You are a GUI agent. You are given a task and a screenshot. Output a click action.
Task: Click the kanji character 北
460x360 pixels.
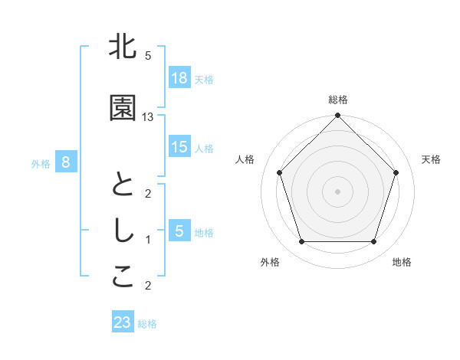(123, 47)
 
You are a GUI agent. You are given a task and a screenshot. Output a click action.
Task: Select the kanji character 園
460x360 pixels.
(123, 109)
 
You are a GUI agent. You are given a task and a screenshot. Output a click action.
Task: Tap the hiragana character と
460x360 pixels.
(123, 186)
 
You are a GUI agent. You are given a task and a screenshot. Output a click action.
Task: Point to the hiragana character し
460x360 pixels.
(123, 232)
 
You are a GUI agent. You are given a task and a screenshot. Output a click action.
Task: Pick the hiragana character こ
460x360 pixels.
(123, 278)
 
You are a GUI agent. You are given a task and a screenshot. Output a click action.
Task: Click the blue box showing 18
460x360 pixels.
(179, 78)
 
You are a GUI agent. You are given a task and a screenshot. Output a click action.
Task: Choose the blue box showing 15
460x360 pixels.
(179, 147)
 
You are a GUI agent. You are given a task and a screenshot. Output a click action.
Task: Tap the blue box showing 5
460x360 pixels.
(179, 231)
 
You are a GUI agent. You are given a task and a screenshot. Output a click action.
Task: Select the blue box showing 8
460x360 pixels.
(66, 162)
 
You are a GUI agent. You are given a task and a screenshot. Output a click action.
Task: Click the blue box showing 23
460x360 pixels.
(123, 322)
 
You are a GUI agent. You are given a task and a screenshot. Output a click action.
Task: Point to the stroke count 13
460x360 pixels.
(148, 116)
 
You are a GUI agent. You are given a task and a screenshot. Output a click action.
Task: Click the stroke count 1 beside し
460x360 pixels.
(148, 240)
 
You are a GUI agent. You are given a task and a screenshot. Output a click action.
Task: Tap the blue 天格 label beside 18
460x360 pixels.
(204, 79)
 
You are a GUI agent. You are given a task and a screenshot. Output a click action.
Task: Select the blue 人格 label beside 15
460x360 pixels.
(204, 148)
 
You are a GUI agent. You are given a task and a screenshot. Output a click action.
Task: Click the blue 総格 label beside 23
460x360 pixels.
(147, 323)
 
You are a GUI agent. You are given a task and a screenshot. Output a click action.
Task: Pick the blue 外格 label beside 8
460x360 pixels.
(41, 163)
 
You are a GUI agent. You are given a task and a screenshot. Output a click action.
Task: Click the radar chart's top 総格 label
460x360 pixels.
(338, 100)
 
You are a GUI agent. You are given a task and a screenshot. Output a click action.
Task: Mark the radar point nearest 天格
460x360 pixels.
(396, 172)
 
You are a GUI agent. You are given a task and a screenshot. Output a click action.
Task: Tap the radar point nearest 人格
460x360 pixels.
(280, 172)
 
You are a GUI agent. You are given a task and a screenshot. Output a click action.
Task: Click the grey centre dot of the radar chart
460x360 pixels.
(338, 191)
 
